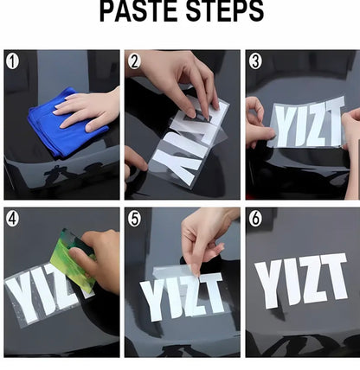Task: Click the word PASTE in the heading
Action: click(x=139, y=11)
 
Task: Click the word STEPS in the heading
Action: click(x=225, y=11)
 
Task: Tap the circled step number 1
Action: click(x=12, y=61)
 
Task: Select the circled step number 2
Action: click(x=134, y=61)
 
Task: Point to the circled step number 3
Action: click(x=255, y=61)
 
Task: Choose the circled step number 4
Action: click(x=12, y=219)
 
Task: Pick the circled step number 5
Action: click(x=134, y=219)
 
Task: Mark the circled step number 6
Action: click(x=255, y=219)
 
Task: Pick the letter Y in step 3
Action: click(x=283, y=125)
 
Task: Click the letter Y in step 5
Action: click(x=153, y=301)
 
